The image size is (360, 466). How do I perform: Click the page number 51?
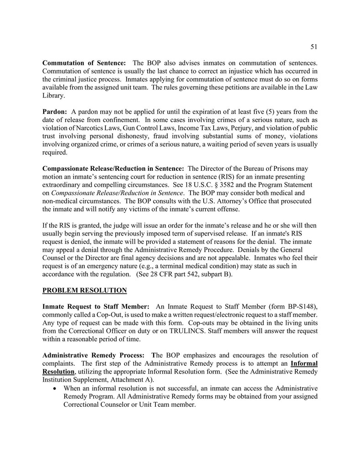[x=314, y=46]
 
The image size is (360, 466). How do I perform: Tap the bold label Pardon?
[x=55, y=112]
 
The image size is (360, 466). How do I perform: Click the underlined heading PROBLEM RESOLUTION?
[x=84, y=290]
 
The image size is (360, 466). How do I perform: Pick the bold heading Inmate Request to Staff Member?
[x=96, y=307]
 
